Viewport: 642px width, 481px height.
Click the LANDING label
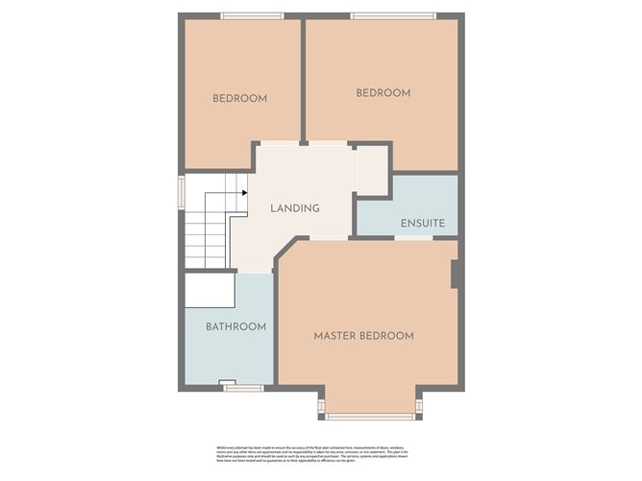pyautogui.click(x=294, y=208)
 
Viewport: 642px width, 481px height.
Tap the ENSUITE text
pyautogui.click(x=422, y=223)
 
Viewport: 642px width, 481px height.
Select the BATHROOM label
pyautogui.click(x=235, y=326)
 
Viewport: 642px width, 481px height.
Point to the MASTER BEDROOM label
pyautogui.click(x=364, y=336)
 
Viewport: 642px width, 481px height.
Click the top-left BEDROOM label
pyautogui.click(x=239, y=98)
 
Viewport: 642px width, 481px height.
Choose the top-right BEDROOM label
pyautogui.click(x=383, y=93)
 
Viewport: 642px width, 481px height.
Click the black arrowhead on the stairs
pyautogui.click(x=245, y=193)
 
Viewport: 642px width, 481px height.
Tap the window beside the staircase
pyautogui.click(x=180, y=190)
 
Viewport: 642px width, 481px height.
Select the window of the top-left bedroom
pyautogui.click(x=251, y=14)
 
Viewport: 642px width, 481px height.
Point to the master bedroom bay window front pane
pyautogui.click(x=370, y=417)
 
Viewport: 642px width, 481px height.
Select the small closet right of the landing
pyautogui.click(x=369, y=170)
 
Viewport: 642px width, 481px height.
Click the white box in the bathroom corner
pyautogui.click(x=210, y=289)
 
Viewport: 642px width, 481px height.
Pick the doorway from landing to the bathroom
pyautogui.click(x=255, y=273)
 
